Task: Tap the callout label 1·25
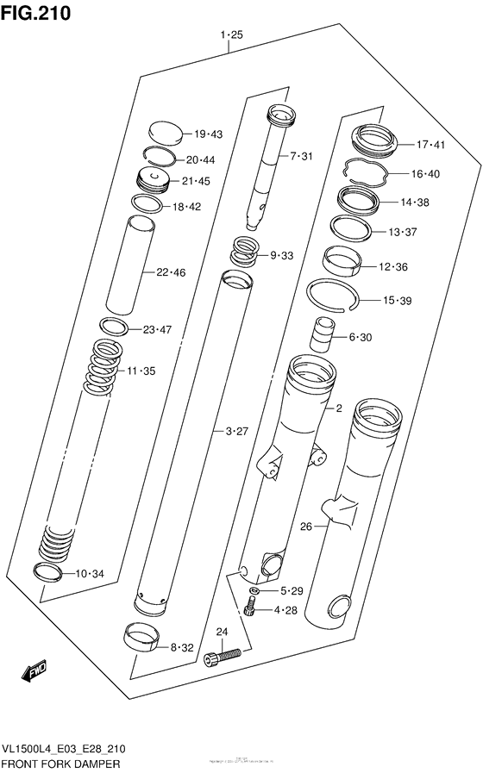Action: (230, 35)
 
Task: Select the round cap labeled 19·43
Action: (165, 133)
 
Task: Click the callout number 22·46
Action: (171, 273)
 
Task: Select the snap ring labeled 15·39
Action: (332, 296)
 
